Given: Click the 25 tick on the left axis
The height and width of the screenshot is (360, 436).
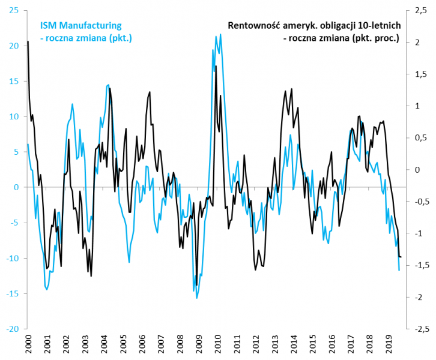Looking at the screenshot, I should tap(13, 11).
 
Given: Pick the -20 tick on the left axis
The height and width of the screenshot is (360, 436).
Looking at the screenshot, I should tap(11, 329).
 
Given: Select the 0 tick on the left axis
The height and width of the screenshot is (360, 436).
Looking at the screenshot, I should tap(16, 188).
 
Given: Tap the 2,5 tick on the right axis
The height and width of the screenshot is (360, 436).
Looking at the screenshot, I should tap(419, 11).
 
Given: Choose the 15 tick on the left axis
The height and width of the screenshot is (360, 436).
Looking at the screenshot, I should tap(13, 82).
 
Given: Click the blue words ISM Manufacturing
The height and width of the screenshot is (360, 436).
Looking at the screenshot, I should tap(81, 25).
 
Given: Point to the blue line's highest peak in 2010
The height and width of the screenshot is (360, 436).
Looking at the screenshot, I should tap(220, 34).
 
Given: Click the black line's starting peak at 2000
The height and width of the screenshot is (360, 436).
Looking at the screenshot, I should tap(28, 41).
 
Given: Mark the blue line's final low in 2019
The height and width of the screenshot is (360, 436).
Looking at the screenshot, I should tap(399, 271).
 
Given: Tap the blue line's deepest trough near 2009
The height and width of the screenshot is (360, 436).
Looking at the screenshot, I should tap(197, 298).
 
